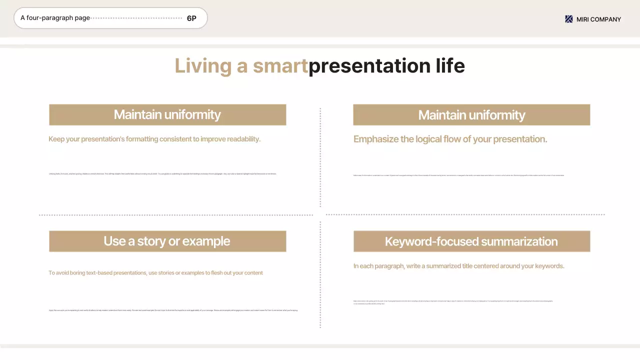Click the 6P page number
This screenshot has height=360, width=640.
191,18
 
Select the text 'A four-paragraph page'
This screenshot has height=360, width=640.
55,18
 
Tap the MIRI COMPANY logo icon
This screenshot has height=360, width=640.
568,19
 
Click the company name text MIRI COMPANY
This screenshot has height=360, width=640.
598,19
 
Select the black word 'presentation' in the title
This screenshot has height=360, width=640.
369,66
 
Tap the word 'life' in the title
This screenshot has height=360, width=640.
449,66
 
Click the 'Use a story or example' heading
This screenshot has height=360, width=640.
167,241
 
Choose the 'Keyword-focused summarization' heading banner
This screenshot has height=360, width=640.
471,241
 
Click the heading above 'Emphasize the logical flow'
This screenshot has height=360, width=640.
471,115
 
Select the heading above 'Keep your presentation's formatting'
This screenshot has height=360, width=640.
167,114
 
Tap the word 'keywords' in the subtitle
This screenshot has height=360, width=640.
547,266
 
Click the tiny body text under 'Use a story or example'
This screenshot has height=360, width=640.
173,310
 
